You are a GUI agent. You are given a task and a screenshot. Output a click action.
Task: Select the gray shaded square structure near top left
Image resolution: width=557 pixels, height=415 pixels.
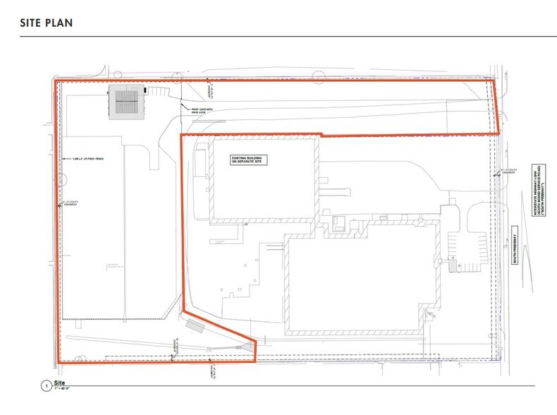coord(128,103)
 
